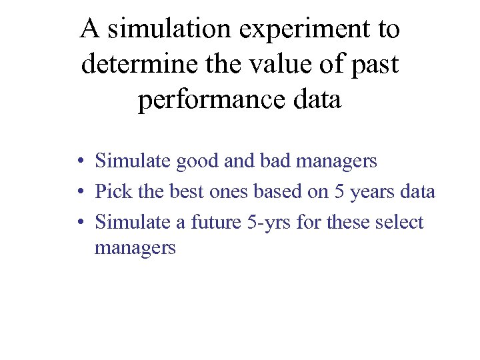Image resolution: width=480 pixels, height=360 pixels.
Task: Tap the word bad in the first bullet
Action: [277, 161]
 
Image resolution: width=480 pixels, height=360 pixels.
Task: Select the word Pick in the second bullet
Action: [113, 192]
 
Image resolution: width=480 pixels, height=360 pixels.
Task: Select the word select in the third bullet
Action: [398, 223]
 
